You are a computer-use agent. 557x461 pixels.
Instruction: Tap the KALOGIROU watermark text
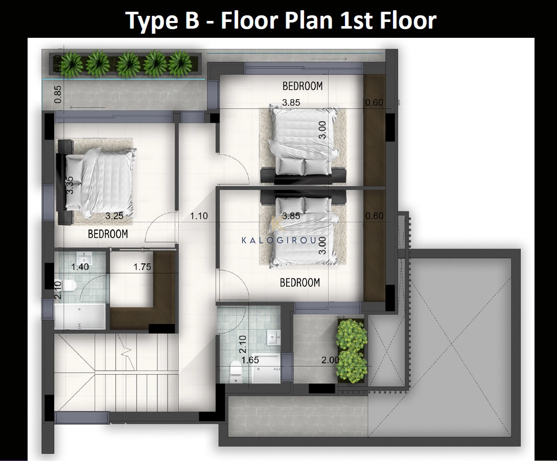click(x=279, y=240)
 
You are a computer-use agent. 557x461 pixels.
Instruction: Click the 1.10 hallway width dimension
click(x=199, y=216)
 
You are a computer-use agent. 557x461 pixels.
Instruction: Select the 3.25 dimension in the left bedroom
click(x=114, y=216)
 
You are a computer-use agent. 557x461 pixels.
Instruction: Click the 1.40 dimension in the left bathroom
click(x=80, y=266)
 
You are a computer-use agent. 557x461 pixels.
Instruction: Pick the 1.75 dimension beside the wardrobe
click(x=142, y=266)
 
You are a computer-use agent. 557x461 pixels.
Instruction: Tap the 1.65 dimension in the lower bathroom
click(x=250, y=360)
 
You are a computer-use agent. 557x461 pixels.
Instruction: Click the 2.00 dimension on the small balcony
click(x=330, y=360)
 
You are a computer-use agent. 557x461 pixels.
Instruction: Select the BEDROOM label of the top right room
click(x=303, y=85)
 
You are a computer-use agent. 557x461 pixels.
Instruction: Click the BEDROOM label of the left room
click(x=108, y=234)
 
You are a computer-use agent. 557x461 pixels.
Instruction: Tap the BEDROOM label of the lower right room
click(x=300, y=282)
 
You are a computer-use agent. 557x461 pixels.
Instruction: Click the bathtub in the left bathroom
click(x=80, y=316)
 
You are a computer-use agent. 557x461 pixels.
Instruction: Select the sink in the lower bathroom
click(x=273, y=337)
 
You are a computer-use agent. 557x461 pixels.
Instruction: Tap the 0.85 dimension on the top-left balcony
click(x=58, y=95)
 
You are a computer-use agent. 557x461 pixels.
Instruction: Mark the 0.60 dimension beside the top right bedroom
click(x=375, y=102)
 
